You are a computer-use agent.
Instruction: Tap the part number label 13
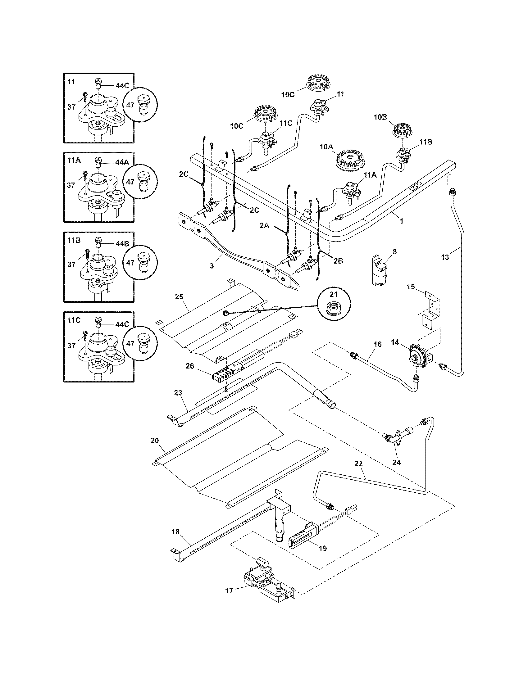coord(445,257)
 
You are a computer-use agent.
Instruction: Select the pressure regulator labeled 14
coord(419,356)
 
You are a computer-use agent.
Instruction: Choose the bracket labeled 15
coord(430,310)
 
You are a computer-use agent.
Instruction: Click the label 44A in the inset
coord(122,163)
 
